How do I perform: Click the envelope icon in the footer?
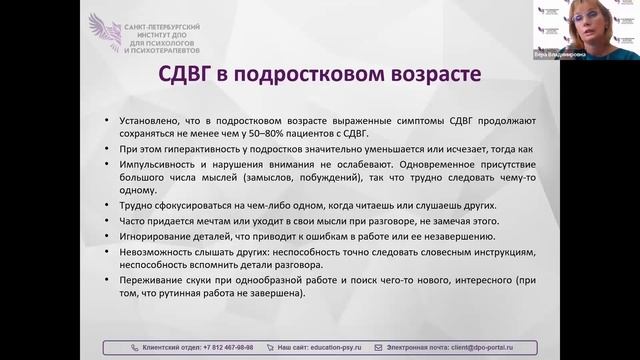click(378, 347)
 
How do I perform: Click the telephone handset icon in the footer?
click(136, 347)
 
